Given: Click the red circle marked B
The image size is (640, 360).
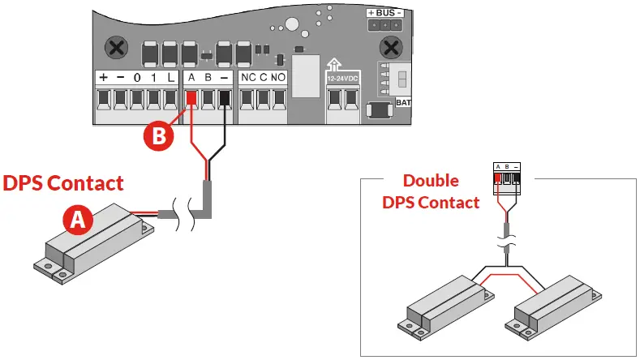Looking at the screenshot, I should (160, 135).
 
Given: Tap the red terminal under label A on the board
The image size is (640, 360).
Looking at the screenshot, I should (191, 99).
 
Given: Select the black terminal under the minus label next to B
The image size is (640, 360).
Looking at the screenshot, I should (225, 99).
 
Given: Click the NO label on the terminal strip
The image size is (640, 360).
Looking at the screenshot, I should (278, 78).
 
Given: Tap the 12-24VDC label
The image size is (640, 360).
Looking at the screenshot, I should (341, 79).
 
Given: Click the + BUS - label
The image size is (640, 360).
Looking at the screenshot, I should (384, 14).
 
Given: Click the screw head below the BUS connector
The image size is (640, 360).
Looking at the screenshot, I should (393, 46).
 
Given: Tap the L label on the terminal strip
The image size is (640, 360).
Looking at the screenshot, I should (170, 78).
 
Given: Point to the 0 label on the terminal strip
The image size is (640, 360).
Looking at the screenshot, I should (138, 78).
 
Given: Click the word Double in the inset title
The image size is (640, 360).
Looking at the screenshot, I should (431, 181).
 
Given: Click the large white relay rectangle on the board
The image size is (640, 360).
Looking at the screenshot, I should (306, 75).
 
